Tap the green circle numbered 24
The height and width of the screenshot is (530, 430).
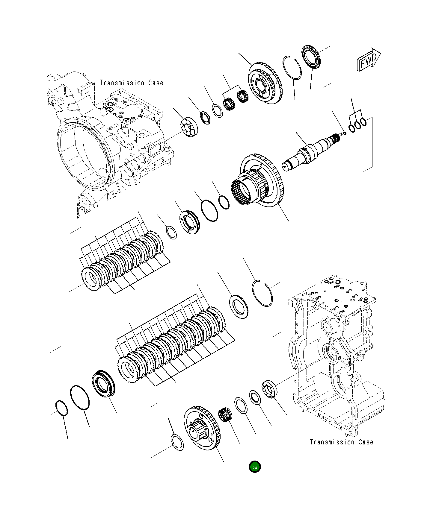click(x=255, y=467)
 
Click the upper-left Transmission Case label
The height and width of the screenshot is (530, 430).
click(x=131, y=83)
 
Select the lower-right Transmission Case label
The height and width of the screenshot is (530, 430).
click(x=341, y=442)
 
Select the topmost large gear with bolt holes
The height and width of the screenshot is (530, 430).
click(x=265, y=83)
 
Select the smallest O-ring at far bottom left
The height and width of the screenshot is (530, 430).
click(x=62, y=408)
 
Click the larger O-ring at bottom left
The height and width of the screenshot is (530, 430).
click(x=80, y=397)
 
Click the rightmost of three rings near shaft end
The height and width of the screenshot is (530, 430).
click(x=363, y=122)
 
